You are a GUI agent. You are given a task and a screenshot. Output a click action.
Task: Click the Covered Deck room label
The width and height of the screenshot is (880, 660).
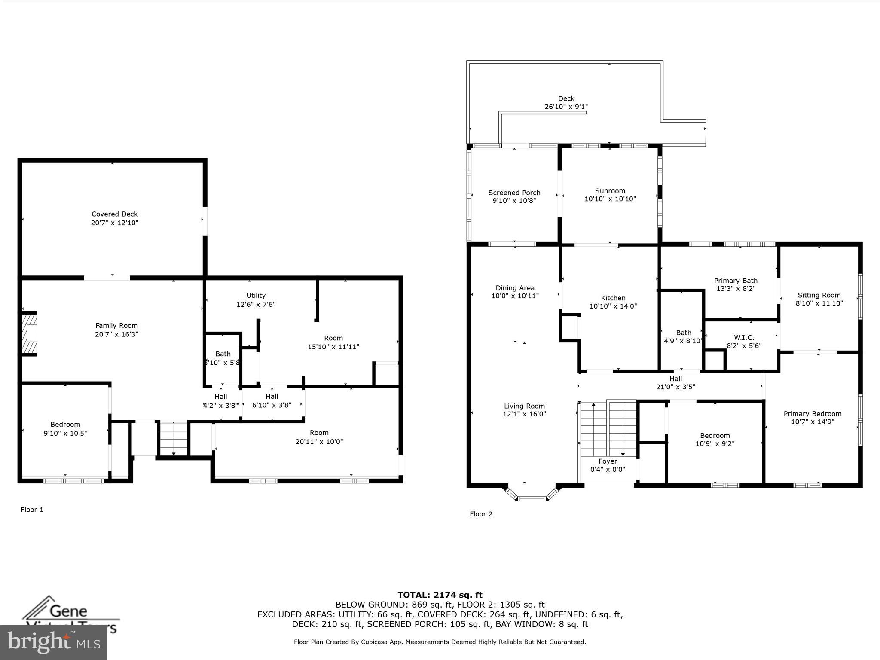click(115, 214)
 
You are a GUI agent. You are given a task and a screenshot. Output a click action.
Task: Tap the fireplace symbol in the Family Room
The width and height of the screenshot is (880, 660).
click(30, 333)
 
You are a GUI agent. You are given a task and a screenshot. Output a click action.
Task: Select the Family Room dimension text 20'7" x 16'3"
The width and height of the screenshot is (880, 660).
click(116, 334)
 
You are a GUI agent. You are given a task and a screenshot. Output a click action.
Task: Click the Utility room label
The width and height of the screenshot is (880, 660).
click(256, 296)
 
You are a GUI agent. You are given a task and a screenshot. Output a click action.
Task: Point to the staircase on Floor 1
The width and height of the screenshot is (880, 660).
click(174, 439)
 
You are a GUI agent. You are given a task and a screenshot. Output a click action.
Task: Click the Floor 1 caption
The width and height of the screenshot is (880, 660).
click(32, 510)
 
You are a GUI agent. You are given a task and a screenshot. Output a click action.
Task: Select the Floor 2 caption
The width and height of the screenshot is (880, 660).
click(481, 514)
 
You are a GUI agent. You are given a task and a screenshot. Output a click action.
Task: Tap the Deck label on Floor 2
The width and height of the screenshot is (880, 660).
click(566, 99)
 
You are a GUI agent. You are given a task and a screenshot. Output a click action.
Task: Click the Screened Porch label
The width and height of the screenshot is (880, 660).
click(514, 192)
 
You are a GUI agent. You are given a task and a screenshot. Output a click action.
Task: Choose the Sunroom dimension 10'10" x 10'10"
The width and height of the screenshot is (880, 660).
click(610, 199)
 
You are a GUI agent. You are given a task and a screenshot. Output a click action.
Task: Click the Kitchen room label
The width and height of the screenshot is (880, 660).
click(613, 298)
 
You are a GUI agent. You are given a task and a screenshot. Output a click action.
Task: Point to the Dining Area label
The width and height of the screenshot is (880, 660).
click(515, 288)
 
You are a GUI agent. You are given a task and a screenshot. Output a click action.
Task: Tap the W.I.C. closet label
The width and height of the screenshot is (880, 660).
click(744, 338)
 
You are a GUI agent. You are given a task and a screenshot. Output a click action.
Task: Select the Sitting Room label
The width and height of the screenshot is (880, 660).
click(819, 295)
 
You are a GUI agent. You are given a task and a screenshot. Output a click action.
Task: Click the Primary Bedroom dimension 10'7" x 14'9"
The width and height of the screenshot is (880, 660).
click(812, 422)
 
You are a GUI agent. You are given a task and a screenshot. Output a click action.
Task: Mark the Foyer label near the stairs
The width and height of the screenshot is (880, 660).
click(608, 461)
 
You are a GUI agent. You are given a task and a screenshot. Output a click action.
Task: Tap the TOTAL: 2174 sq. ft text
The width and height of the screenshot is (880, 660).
click(440, 595)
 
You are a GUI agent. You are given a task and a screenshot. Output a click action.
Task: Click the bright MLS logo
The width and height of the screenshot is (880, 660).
click(54, 642)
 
